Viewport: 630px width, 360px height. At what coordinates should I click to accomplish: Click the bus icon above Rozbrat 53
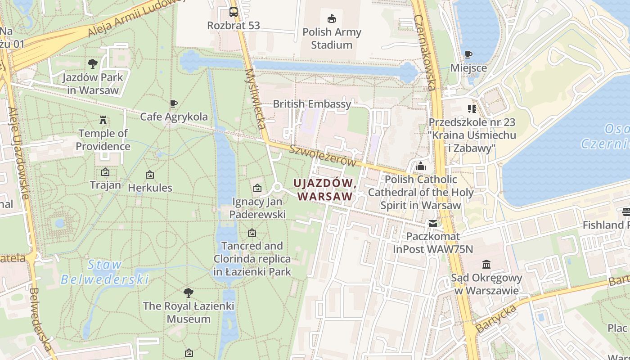point(233,12)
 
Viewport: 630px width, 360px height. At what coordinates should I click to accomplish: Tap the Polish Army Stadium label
point(332,38)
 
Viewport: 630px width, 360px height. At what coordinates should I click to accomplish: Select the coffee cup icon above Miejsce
point(468,54)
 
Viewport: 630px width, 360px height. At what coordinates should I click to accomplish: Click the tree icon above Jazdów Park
point(93,64)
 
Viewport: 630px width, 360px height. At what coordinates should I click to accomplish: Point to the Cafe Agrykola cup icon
point(174,104)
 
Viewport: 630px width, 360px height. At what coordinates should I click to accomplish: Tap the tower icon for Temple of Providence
point(103,120)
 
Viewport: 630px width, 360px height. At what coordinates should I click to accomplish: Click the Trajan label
point(105,185)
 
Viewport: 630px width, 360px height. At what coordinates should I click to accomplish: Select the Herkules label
point(150,188)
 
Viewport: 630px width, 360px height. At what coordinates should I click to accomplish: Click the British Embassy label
point(312,104)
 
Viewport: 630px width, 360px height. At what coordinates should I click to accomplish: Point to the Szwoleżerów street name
point(322,156)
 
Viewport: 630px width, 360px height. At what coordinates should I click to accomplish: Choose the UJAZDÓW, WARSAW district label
point(325,190)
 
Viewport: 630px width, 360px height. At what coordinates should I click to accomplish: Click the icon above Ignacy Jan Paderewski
point(257,188)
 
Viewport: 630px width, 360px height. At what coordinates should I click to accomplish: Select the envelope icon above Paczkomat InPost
point(432,223)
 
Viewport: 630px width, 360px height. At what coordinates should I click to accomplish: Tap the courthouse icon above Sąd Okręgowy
point(486,264)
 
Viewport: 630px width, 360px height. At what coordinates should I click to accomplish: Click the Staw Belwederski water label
point(104,272)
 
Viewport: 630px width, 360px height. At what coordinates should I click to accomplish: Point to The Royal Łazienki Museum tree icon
point(189,293)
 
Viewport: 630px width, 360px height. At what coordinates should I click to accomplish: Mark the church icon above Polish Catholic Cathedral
point(421,166)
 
